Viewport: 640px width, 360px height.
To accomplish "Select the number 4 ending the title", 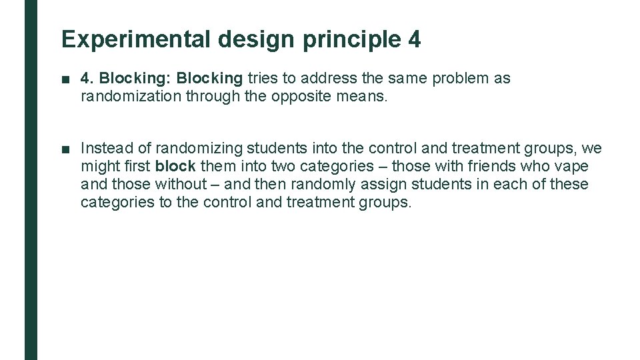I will (413, 39).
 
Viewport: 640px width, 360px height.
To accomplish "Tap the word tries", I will (263, 79).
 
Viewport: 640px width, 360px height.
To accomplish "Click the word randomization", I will (130, 97).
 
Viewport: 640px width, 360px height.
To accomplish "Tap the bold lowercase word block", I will (175, 166).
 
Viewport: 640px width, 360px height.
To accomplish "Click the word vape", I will (573, 166).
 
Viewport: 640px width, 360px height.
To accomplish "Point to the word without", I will (181, 184).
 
